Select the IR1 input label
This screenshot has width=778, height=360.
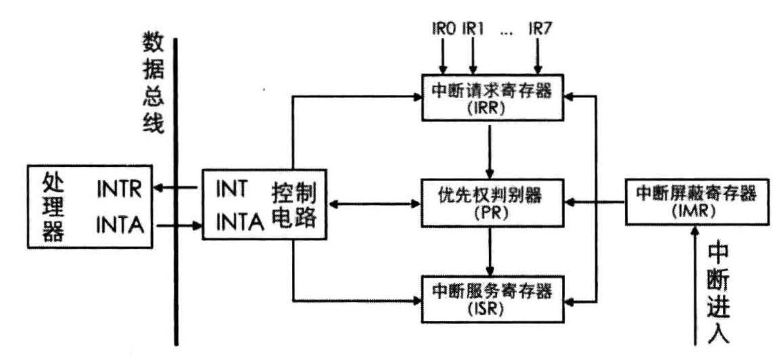(x=472, y=29)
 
